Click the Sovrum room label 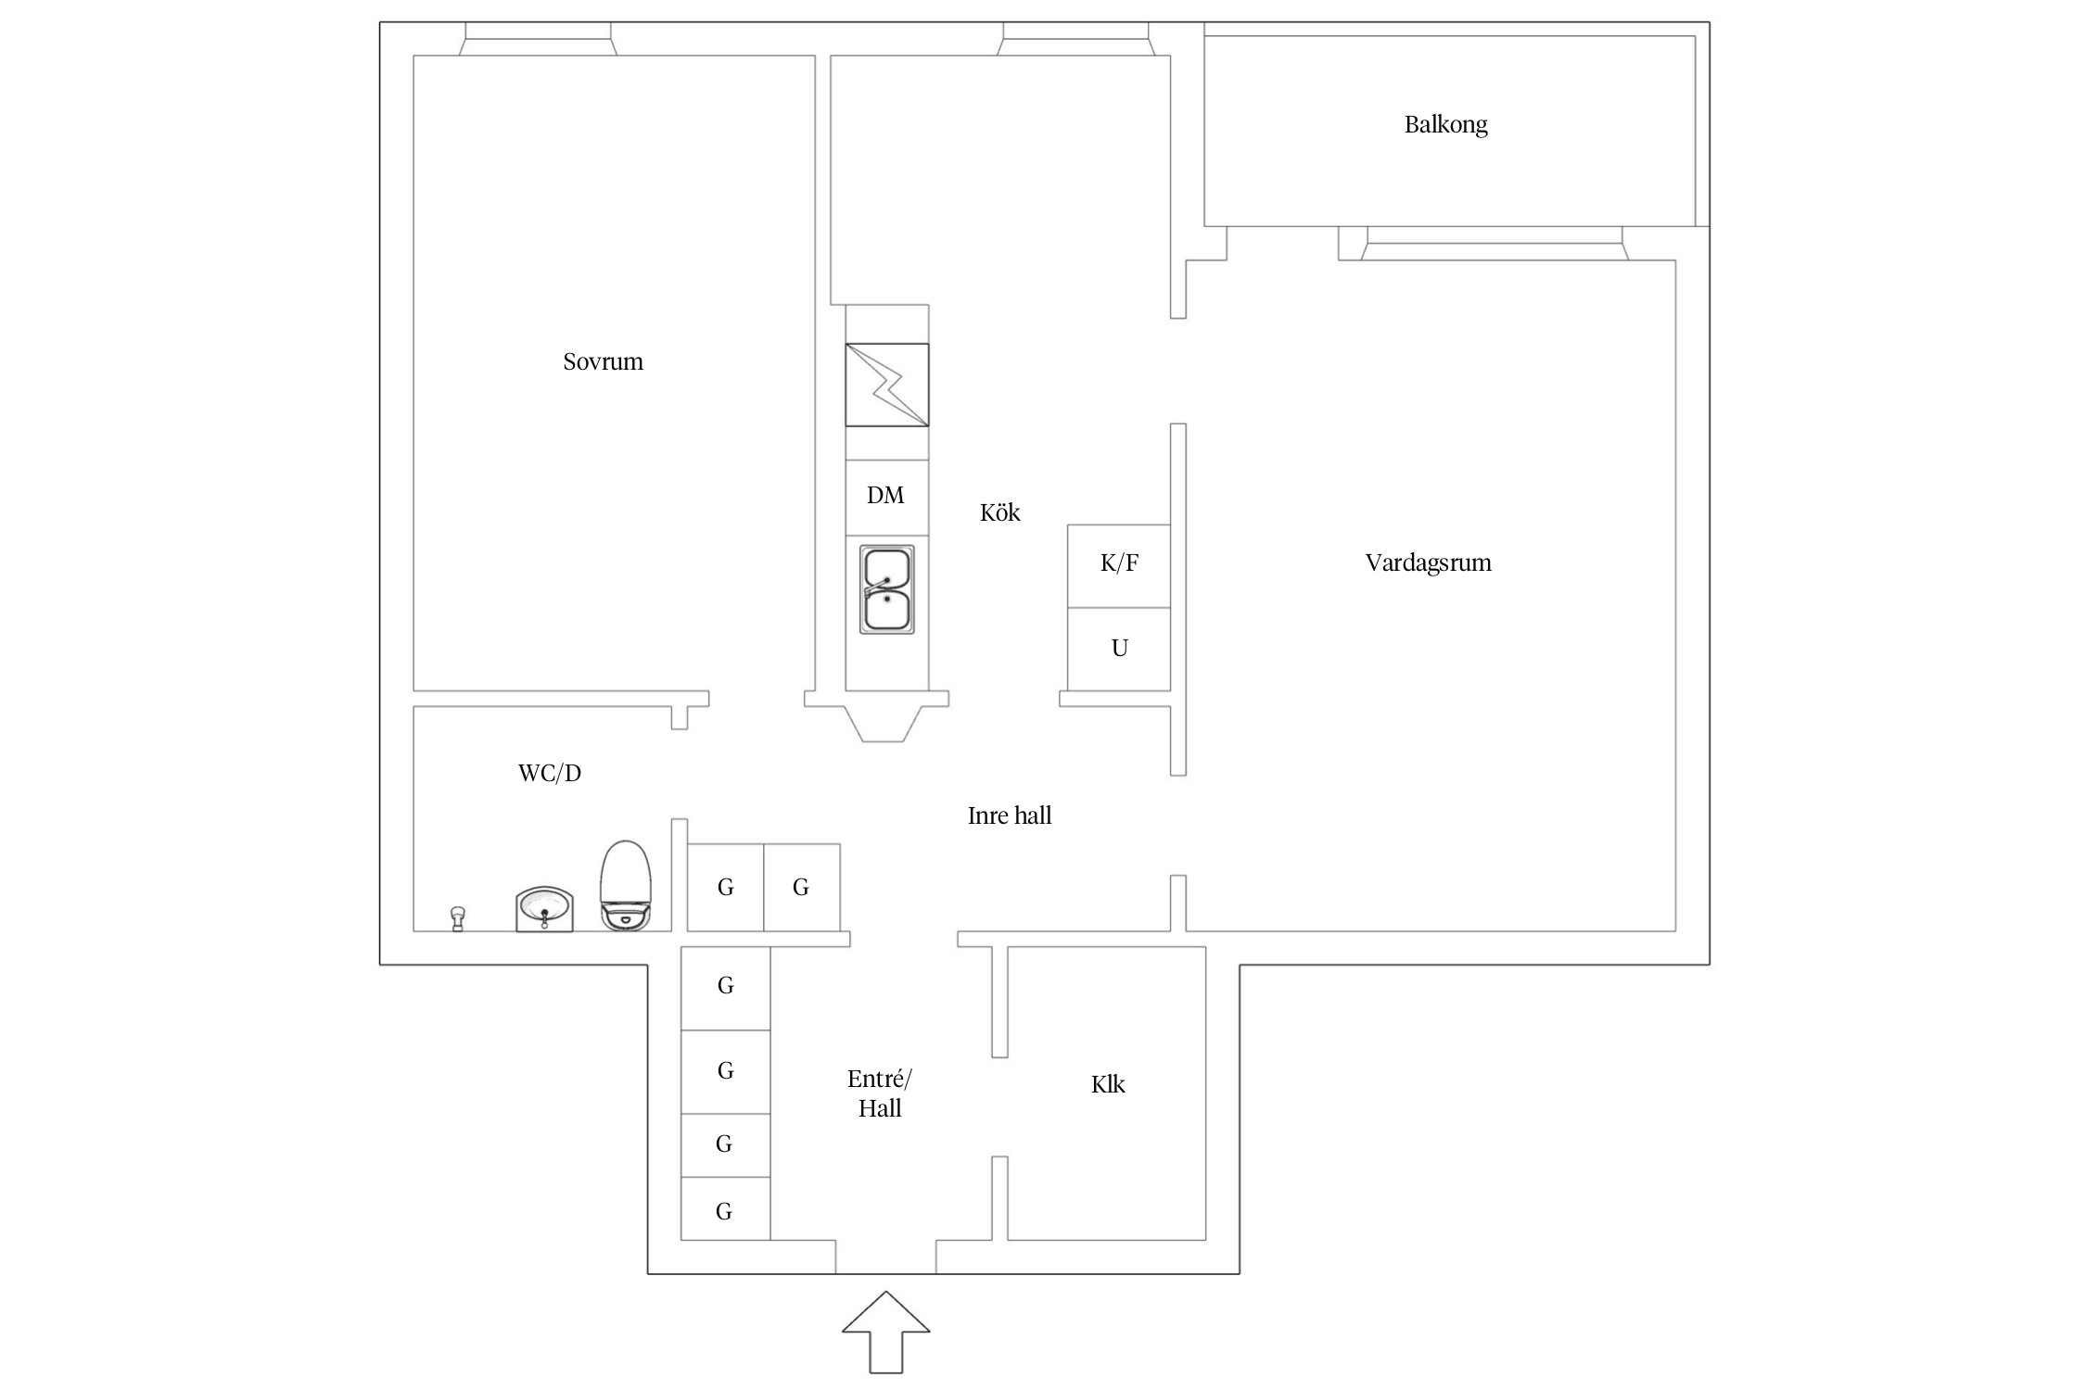click(x=603, y=361)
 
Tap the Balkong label click(x=1445, y=125)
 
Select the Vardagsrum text click(x=1428, y=562)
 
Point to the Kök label click(x=999, y=512)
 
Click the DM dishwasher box click(x=886, y=497)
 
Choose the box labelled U click(x=1119, y=649)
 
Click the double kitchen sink click(x=887, y=589)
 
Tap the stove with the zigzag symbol click(x=887, y=385)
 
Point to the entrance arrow click(x=885, y=1332)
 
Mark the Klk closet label click(x=1108, y=1084)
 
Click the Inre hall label click(x=1010, y=815)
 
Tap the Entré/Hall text click(x=880, y=1093)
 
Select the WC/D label click(x=550, y=773)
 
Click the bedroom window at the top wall click(x=538, y=39)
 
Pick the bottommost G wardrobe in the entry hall click(x=725, y=1209)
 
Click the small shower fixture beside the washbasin click(x=457, y=918)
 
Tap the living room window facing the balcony click(x=1495, y=243)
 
